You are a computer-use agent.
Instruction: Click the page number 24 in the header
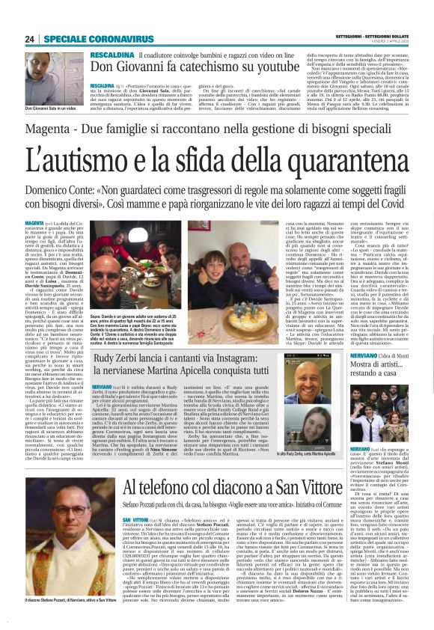(x=30, y=39)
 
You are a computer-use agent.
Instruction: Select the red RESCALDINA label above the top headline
(x=112, y=55)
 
